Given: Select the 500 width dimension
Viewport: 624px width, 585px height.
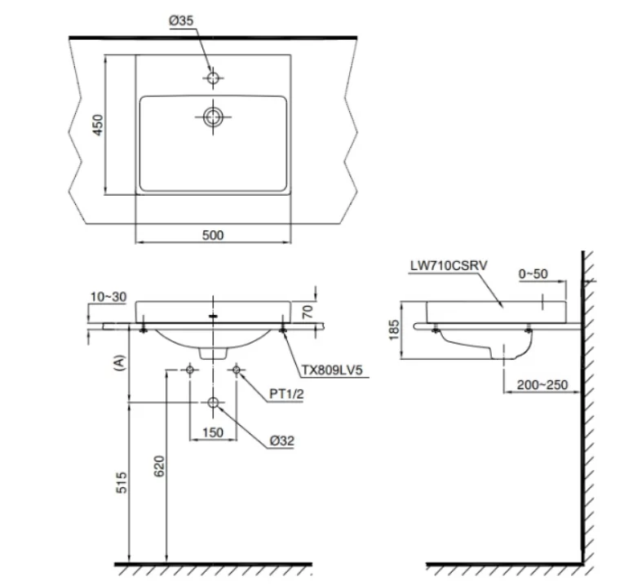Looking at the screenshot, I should [x=212, y=235].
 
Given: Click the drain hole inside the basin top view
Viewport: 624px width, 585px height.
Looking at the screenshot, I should [x=214, y=116].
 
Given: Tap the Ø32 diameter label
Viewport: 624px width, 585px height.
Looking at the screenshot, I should [x=282, y=440].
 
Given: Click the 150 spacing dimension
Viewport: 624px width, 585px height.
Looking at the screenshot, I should [x=213, y=432].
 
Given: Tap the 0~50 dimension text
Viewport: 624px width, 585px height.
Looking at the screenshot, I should [x=533, y=274].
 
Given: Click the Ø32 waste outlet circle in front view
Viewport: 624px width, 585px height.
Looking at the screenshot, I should [x=213, y=403].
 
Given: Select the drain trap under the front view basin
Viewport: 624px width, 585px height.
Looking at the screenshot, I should [x=213, y=351].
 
